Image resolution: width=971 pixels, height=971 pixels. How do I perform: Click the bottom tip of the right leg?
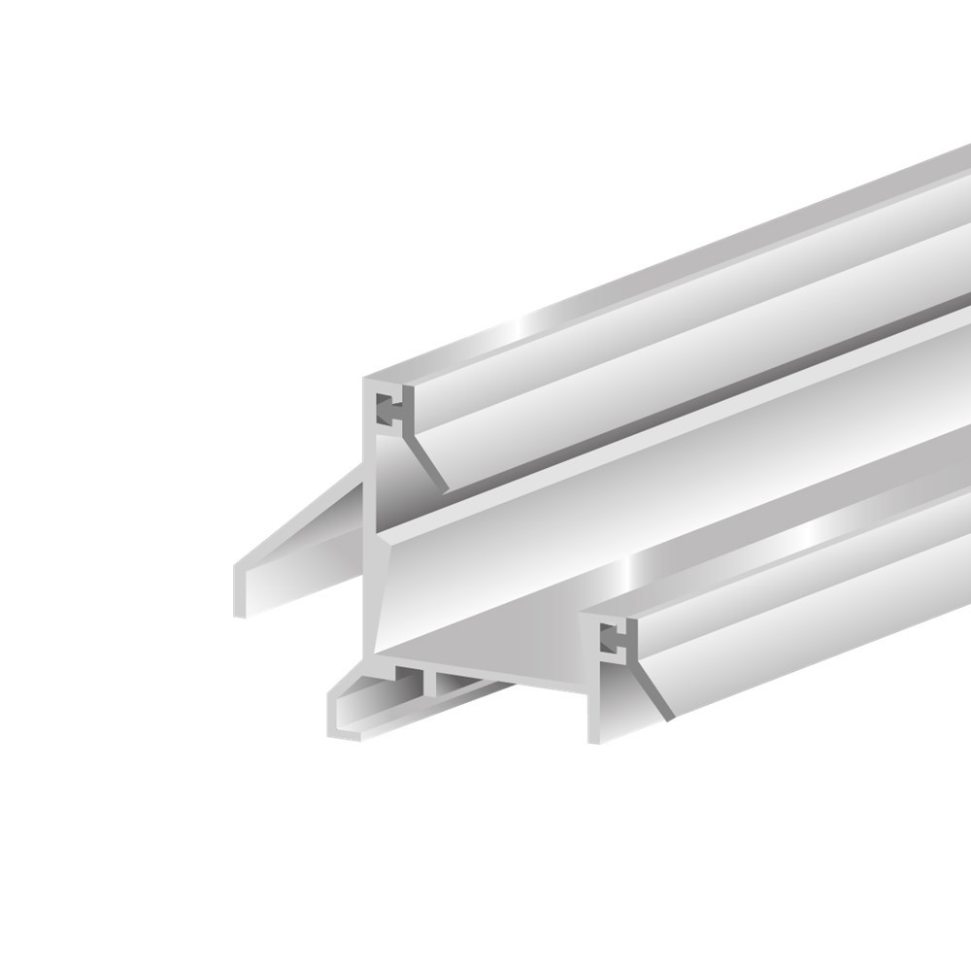coord(594,738)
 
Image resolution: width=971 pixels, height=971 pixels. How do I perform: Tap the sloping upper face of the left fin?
coord(301,524)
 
